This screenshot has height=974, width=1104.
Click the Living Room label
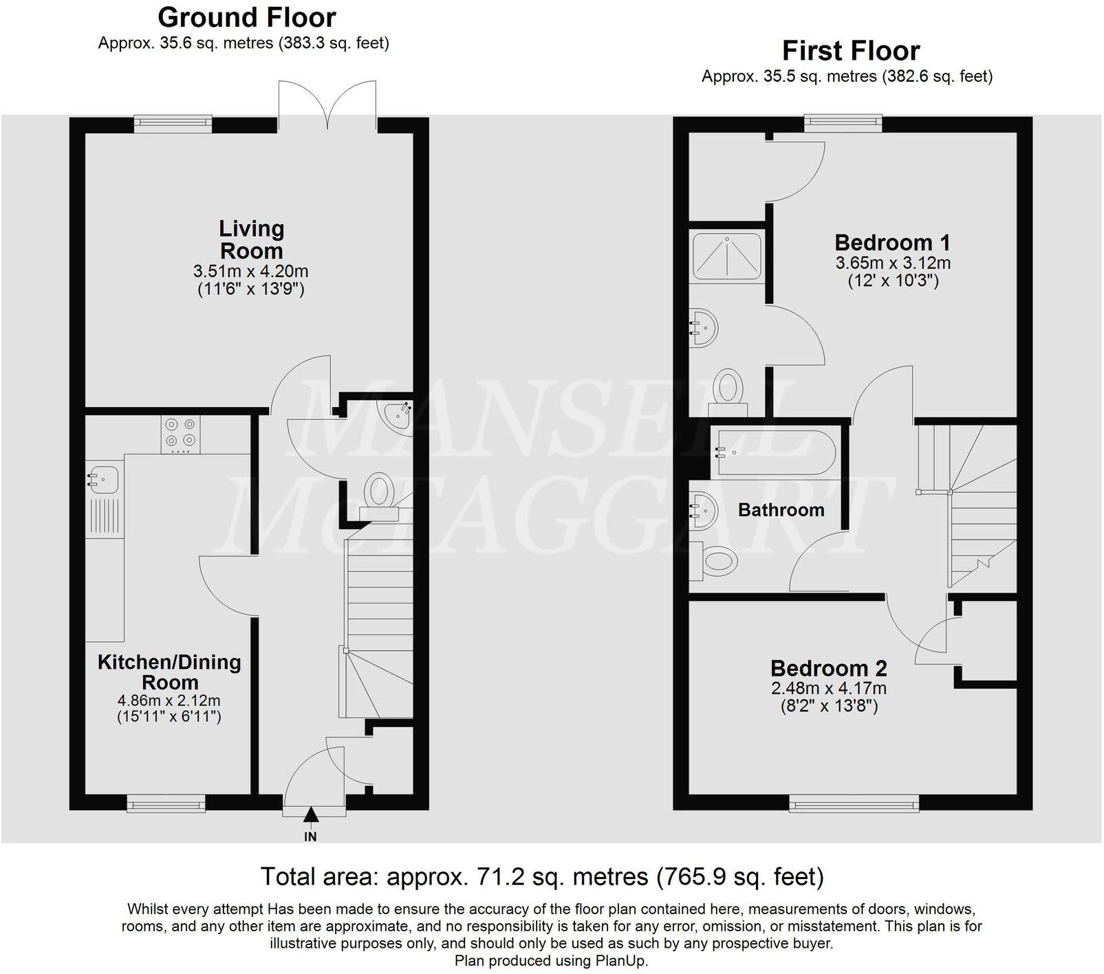coord(251,239)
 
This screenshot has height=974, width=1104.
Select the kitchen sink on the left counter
coord(102,476)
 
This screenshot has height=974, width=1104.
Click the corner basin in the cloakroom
coord(399,414)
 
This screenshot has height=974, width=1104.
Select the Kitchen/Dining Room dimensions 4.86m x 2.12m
coord(169,701)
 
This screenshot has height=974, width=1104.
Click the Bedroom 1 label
coord(892,243)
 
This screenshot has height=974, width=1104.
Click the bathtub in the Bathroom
coord(775,453)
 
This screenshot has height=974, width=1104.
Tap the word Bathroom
coord(781,510)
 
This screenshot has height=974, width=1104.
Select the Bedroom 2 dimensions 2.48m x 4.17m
coord(829,688)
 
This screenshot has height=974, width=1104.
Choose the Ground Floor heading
coord(247,17)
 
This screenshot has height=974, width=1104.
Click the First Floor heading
coord(851,51)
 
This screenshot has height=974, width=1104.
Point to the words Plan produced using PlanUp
coord(551,961)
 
